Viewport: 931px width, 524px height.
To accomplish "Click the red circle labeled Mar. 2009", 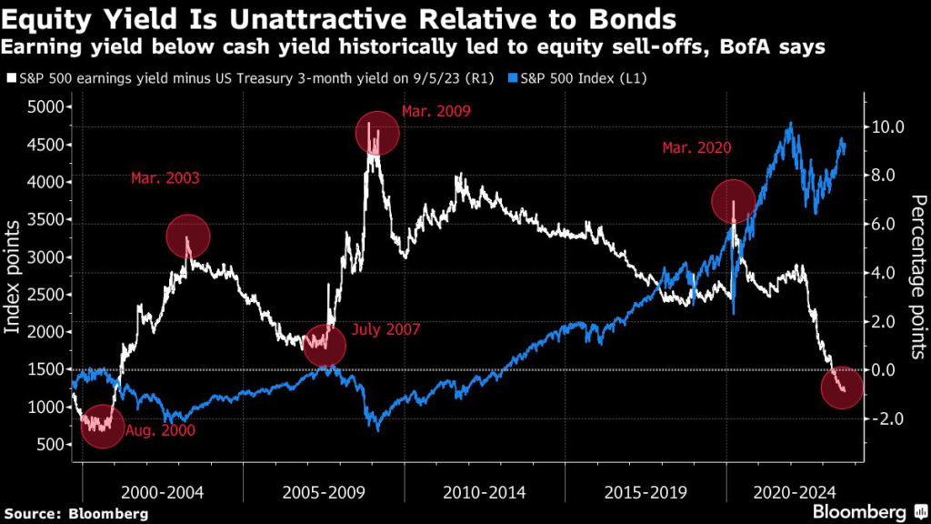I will point(376,135).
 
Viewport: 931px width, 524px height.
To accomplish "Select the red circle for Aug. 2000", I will point(102,426).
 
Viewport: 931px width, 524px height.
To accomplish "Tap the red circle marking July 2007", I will point(324,345).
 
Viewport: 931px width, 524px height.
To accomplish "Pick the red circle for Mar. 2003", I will point(188,237).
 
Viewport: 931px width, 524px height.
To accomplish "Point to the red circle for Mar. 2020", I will point(733,201).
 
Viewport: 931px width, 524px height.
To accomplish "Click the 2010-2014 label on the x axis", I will point(484,492).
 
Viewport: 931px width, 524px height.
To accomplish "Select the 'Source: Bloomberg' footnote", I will point(75,513).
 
